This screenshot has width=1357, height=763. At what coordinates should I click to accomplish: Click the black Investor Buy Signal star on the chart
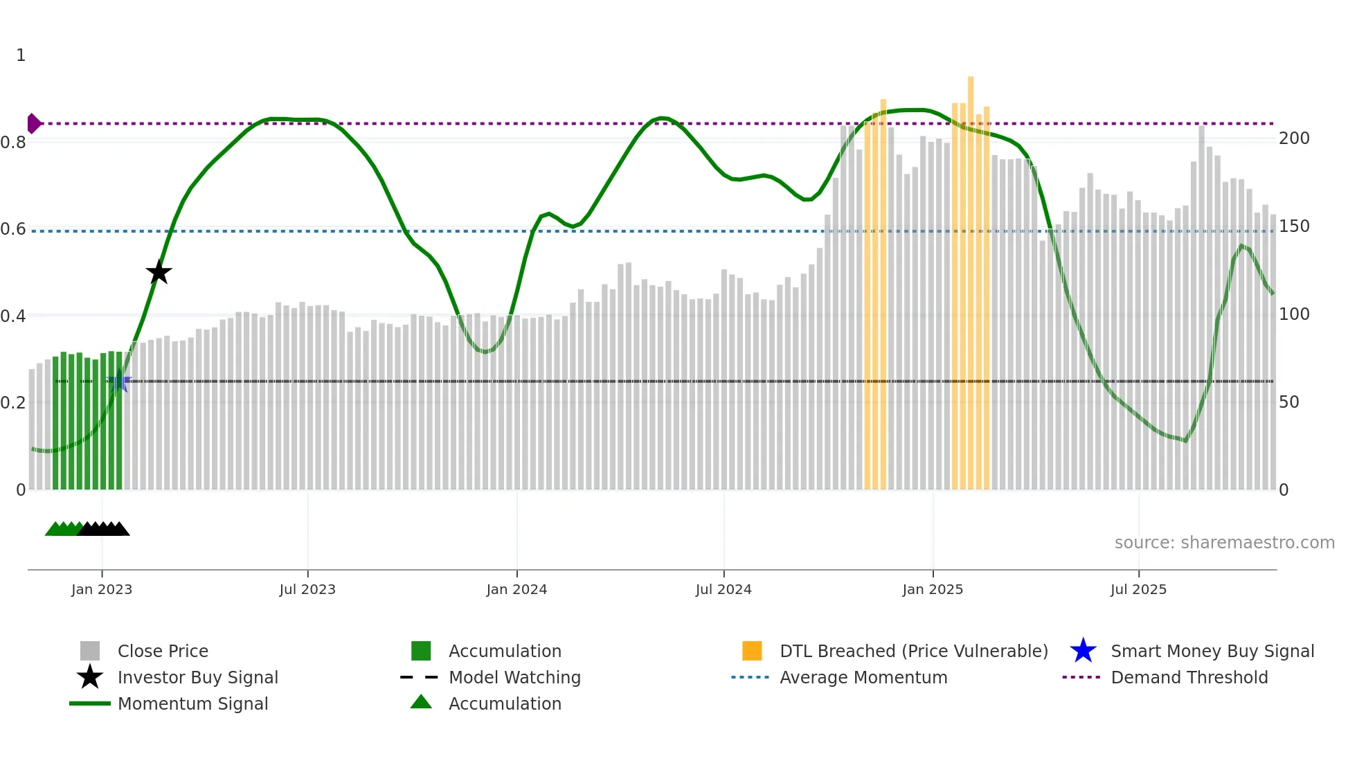pos(159,272)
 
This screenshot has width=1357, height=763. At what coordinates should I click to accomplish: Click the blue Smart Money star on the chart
pos(119,381)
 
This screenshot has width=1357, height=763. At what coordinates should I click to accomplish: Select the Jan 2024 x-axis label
pos(516,589)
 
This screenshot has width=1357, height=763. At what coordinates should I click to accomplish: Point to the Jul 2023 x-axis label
pos(307,589)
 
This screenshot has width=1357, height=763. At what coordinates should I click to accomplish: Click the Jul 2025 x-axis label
pos(1138,589)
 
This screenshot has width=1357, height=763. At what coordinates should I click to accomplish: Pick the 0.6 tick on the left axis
pos(14,229)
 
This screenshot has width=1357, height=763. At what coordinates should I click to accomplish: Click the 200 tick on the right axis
pos(1294,138)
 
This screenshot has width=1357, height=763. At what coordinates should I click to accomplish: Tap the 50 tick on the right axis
pos(1289,402)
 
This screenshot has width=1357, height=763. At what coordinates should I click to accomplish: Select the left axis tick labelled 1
pos(21,55)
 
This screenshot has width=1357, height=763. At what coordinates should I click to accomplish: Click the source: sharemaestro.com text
pos(1224,543)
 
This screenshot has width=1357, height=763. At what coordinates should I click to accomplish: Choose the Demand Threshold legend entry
pos(1189,677)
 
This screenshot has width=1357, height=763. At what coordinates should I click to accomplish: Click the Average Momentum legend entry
pos(863,677)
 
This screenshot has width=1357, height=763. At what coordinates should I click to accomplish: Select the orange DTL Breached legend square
pos(752,651)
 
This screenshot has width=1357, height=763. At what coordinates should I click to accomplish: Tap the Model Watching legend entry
pos(514,677)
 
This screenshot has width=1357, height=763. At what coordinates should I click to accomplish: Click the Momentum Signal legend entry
pos(192,703)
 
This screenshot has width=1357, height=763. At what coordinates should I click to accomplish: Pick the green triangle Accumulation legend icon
pos(421,702)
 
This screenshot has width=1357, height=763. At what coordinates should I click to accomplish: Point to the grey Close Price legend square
pos(90,651)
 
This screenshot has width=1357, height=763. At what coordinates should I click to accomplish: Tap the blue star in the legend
pos(1083,651)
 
